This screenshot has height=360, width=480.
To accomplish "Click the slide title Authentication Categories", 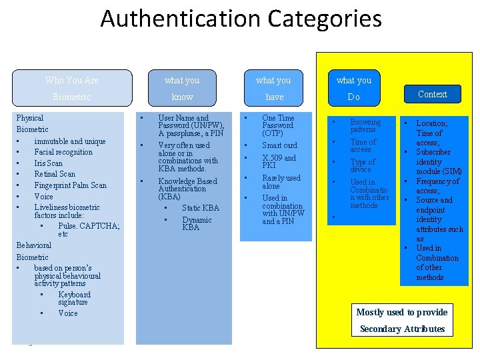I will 241,19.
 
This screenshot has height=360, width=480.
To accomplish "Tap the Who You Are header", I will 72,80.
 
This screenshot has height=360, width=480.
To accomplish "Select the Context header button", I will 432,94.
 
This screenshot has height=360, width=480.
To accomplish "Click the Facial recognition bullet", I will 63,152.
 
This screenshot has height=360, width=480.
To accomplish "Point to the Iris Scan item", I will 48,163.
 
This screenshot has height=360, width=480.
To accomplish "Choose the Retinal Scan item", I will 55,174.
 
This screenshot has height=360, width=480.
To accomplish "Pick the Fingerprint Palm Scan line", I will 70,185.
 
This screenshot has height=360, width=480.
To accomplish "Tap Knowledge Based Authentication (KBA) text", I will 187,189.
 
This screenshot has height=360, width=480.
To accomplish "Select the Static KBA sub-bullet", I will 200,209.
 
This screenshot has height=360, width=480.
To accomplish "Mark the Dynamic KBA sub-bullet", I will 197,223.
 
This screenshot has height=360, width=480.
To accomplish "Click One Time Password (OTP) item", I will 278,125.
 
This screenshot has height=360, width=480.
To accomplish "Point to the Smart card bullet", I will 279,145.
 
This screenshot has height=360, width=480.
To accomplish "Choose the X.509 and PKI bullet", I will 279,161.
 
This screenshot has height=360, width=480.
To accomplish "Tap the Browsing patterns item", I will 365,126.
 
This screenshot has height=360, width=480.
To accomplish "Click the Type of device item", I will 363,165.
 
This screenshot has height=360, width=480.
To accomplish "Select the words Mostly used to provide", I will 401,312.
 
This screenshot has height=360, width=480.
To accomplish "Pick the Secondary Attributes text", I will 402,329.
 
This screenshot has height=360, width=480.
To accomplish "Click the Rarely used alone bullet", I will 281,182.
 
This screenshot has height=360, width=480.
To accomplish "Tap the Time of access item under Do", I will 363,145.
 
